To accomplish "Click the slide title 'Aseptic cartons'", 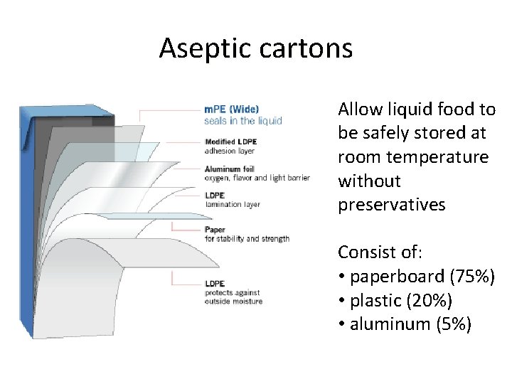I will (255, 48).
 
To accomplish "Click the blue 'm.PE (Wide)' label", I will (231, 110).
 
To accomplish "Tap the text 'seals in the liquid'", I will (242, 120).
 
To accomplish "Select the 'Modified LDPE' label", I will (230, 142).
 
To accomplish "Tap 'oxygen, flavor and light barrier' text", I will (257, 178).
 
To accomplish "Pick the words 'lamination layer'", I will (233, 205).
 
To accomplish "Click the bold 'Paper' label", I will (215, 230).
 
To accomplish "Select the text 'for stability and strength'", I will (247, 239).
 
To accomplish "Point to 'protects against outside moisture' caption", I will (233, 297).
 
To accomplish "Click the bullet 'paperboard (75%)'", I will (417, 276).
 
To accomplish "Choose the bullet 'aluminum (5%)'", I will (405, 324).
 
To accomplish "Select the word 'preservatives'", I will (391, 205).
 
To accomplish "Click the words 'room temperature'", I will (413, 156).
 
